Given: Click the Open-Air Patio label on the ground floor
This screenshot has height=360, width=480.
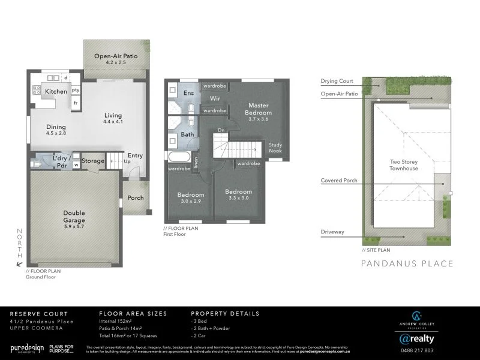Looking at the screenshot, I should coord(115,56).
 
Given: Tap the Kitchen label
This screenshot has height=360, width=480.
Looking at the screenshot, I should coord(56,91).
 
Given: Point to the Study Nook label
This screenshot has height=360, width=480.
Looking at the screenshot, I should coord(275,148).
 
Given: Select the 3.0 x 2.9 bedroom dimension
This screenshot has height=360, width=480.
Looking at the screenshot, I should coord(191,202).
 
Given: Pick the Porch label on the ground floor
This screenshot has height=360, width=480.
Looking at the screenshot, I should coord(136,198).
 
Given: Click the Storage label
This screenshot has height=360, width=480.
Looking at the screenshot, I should coord(93,161).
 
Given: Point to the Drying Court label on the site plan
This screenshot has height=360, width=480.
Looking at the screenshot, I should coord(337,81).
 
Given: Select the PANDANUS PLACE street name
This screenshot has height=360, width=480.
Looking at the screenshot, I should coord(407,263).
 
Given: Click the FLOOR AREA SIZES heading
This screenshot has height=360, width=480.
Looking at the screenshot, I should coord(133,313).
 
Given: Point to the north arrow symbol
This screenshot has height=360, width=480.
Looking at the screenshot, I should coord(20,263).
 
